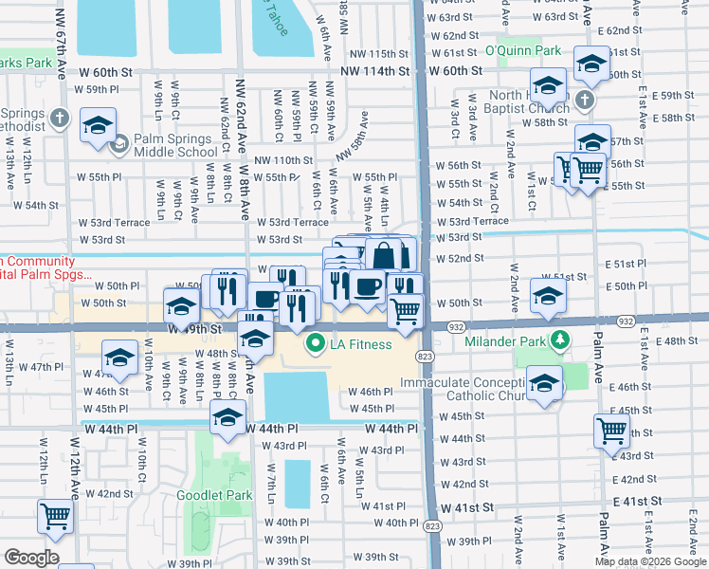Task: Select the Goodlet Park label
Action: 214,495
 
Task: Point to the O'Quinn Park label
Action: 518,49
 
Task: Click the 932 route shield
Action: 456,325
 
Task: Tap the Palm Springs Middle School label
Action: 175,144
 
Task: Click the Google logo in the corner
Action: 31,558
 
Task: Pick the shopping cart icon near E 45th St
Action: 611,430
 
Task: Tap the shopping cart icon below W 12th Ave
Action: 55,517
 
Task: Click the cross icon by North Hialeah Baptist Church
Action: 585,99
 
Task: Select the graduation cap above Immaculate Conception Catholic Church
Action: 544,383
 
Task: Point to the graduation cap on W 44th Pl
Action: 228,417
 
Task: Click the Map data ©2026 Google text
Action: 650,561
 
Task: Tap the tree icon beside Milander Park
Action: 560,340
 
